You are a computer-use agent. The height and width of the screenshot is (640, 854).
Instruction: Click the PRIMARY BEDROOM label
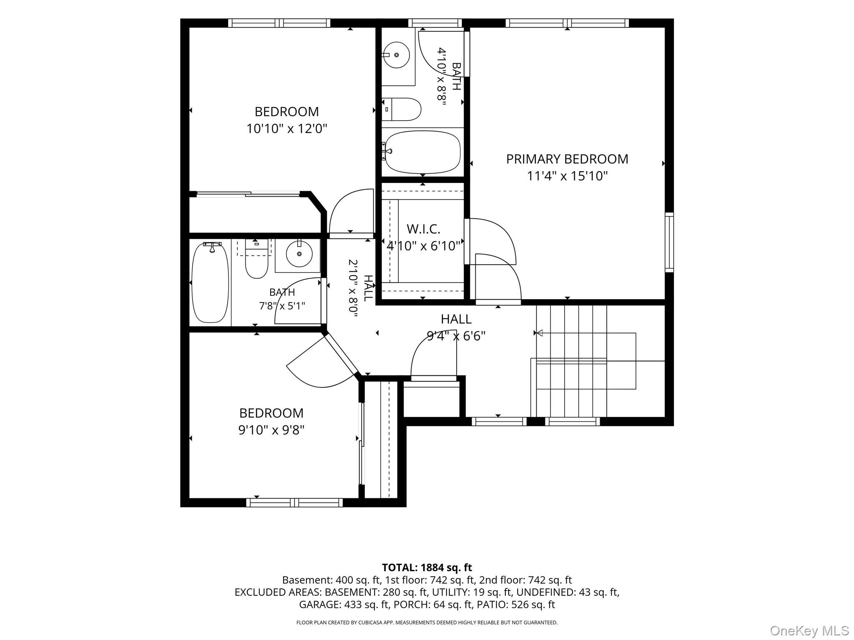coord(567,159)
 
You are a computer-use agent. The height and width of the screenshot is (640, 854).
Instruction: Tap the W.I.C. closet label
coord(423,229)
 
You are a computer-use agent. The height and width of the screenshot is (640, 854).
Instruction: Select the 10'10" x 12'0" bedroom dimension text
coord(286,128)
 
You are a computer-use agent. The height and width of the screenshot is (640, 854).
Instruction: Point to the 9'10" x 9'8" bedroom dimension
coord(271,430)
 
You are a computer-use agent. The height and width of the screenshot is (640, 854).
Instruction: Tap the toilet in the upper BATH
coord(401,109)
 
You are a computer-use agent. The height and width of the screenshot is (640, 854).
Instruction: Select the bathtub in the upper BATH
coord(422,152)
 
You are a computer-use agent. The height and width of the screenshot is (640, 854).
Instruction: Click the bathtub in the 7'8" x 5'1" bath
coord(210,283)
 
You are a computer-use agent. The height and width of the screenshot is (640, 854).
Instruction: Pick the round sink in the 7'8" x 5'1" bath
coord(299,254)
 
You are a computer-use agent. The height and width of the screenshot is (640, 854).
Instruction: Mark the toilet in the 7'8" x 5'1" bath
coord(256,260)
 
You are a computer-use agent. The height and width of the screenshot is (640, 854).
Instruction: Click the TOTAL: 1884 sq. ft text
coord(427,567)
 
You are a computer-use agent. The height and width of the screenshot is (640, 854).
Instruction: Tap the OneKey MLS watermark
coord(809,630)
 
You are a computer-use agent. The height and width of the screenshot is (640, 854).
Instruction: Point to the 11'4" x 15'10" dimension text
coord(567,176)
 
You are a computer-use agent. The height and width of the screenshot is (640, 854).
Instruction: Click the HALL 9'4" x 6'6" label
coord(456,327)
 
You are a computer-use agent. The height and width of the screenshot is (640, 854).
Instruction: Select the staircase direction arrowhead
coord(539,333)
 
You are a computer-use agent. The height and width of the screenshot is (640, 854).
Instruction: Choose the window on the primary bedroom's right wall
coord(669,242)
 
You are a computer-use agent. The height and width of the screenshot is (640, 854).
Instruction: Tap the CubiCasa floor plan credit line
coord(427,622)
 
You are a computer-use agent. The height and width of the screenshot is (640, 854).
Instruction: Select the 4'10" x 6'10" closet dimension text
coord(423,246)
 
